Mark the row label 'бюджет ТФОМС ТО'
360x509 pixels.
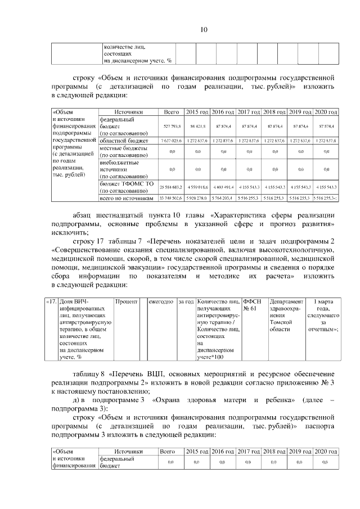[x=123, y=183]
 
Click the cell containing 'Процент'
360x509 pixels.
[x=127, y=302]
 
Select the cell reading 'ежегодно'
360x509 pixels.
[x=161, y=302]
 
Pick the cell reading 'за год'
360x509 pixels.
[x=186, y=302]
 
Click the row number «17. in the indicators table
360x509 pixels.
[x=51, y=302]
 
